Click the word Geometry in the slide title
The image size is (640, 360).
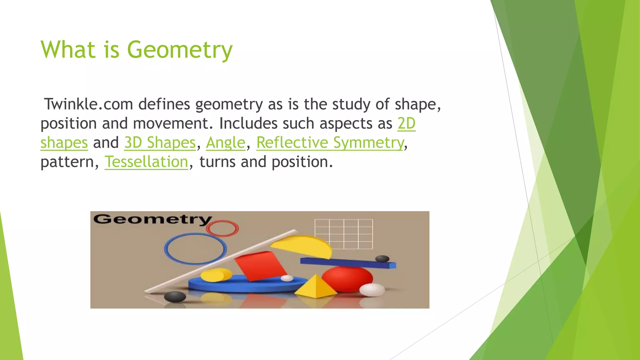pos(180,50)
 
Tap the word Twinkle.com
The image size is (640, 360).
pos(88,104)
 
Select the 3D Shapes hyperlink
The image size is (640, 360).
pos(160,143)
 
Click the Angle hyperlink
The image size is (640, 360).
pos(226,143)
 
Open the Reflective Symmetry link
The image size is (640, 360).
pos(330,143)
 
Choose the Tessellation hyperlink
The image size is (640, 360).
pos(146,162)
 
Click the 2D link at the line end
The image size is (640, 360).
pos(406,123)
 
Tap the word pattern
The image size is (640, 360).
pos(67,162)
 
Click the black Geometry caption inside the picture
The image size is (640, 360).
pos(152,219)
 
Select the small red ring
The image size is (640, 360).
pos(222,228)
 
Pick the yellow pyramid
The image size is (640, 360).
pos(316,287)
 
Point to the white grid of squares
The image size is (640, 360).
pos(344,234)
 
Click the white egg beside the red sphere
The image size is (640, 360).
pos(372,290)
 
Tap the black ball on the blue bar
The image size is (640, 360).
pos(382,259)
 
